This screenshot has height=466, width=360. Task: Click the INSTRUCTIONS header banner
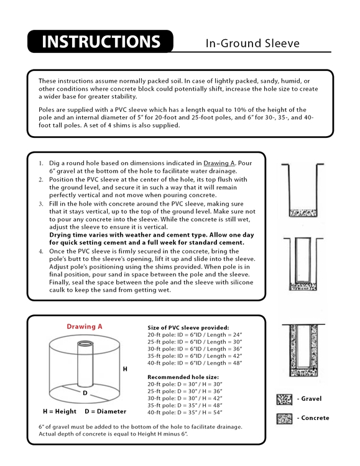[99, 43]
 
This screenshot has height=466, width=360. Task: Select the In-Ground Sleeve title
[252, 43]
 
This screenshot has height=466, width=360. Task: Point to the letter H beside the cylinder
[125, 368]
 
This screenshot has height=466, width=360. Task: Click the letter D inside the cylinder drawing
[85, 393]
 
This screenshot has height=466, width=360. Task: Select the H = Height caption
[59, 411]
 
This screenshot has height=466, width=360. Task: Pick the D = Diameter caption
[105, 411]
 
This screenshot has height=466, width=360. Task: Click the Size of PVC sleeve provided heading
[188, 327]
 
